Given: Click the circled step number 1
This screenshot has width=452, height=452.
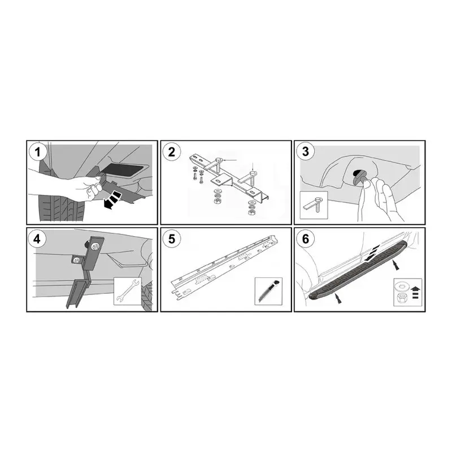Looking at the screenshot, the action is pos(37,152).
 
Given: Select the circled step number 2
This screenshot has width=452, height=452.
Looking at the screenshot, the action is pos(172,152).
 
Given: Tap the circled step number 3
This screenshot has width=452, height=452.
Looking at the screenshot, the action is pos(306,151).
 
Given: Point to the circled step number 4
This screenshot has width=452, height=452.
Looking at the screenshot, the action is pos(37,239).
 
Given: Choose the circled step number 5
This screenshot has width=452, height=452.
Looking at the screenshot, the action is pos(172,239).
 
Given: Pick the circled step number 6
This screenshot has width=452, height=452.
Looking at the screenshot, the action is pos(306,239).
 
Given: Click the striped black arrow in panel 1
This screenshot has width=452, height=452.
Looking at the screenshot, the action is pos(112,199).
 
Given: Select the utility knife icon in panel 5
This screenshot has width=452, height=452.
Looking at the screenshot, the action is pos(268,290).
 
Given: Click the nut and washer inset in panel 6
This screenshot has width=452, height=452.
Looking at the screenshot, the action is pos(407,292).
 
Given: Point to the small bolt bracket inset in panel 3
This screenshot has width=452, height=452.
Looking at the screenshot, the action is pos(314,205).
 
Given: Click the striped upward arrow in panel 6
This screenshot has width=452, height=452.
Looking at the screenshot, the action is pos(415,292).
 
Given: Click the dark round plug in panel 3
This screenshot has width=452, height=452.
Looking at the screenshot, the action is pos(359,177).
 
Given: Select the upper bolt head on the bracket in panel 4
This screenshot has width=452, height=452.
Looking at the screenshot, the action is pos(94,247).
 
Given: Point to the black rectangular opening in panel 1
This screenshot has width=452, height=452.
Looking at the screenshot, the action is pos(125,170).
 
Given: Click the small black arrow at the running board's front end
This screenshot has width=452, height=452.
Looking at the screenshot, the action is pos(337,298).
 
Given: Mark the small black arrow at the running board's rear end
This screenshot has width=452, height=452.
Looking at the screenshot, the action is pos(395,265).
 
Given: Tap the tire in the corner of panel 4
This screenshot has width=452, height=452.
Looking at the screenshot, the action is pos(147,295).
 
